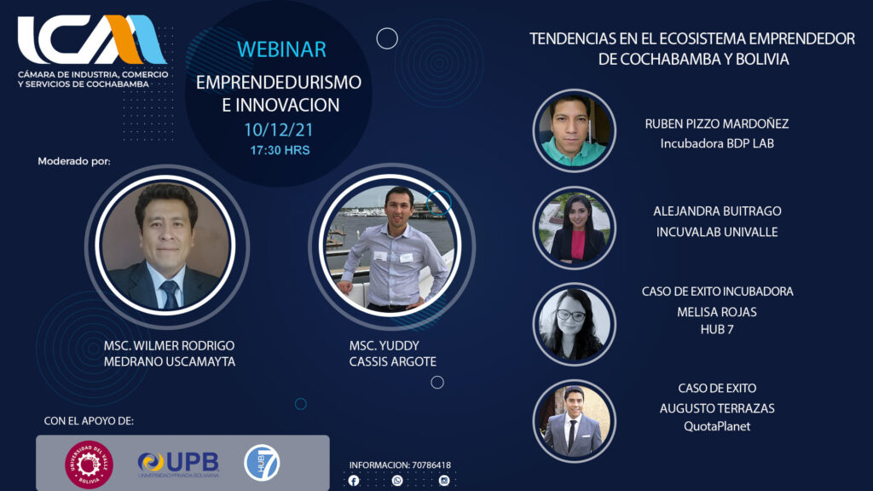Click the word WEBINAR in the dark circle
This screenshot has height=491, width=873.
coord(281,49)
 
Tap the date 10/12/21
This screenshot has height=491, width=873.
coord(279,130)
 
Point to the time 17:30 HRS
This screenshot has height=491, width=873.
coord(280,150)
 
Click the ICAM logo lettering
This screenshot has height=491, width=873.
coord(92,39)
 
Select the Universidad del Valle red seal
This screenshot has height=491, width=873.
coord(89,465)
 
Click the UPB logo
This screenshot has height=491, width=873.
coord(178,463)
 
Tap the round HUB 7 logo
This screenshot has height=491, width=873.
coord(262,463)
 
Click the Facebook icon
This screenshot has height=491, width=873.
coord(354,481)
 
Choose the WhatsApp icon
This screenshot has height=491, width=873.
coord(397,480)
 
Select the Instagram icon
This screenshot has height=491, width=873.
coord(443,480)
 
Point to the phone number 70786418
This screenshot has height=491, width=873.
coord(431,465)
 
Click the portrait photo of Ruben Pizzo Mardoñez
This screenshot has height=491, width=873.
coord(574,130)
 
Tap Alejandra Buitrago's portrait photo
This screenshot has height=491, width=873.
coord(574,228)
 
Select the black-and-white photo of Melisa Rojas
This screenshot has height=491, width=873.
coord(574,324)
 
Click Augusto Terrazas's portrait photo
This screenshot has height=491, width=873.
coord(574,421)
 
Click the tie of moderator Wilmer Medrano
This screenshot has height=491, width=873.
coord(170,294)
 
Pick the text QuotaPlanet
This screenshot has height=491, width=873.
coord(716,426)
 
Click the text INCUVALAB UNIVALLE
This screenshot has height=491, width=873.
coord(716,232)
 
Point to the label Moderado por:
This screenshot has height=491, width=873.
coord(74,161)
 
